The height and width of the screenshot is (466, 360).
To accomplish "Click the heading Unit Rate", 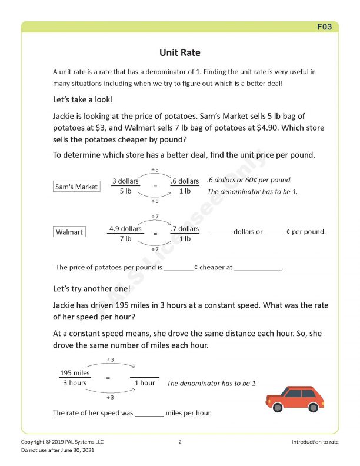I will coord(180,53).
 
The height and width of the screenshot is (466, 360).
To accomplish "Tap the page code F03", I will coord(325,27).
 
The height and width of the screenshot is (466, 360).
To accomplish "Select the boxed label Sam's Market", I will coord(76,187).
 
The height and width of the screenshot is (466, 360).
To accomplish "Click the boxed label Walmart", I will coord(69,232).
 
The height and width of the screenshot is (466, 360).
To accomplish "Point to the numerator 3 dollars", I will coord(125,181).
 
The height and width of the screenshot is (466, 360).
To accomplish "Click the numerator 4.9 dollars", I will coord(125,228).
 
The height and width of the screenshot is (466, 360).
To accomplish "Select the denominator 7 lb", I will coord(125,238).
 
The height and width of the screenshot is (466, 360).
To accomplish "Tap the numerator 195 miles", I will coord(75,373).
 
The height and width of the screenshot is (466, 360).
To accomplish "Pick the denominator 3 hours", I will coord(75,383).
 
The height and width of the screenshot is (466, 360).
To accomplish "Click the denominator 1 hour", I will coord(145,383).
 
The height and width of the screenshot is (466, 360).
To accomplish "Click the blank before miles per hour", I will coord(149,413).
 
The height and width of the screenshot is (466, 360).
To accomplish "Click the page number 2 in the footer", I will coord(180,441).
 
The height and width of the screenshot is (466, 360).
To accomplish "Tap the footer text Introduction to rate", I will coord(315,441).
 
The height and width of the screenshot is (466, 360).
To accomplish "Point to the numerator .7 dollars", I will coord(185,228).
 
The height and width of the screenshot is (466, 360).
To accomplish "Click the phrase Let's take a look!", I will coord(82,99).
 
